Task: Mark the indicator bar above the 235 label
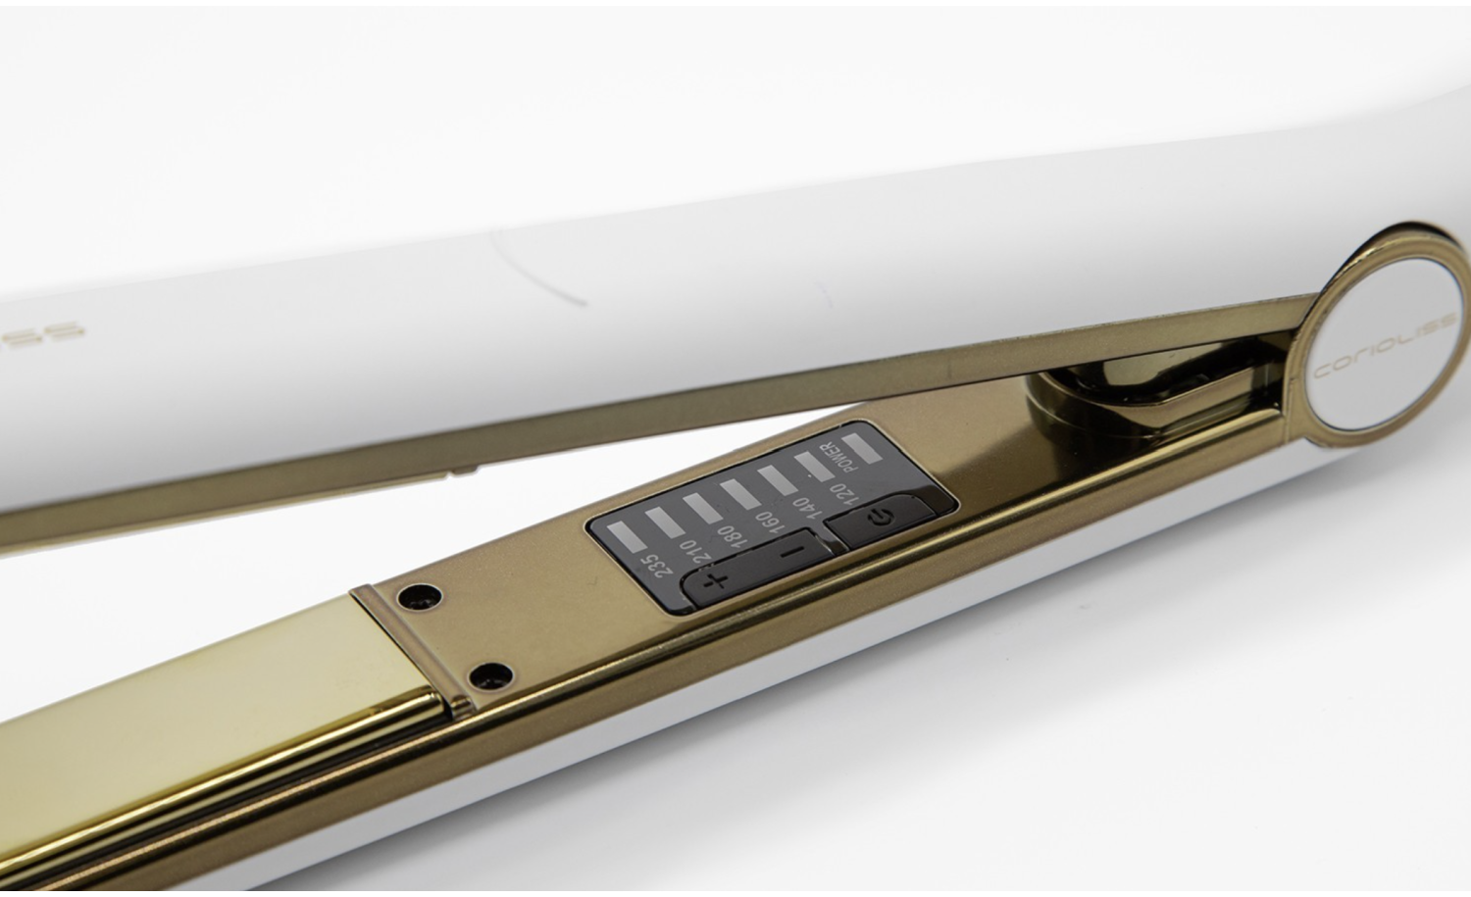(x=624, y=537)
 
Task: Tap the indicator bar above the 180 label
(x=702, y=508)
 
